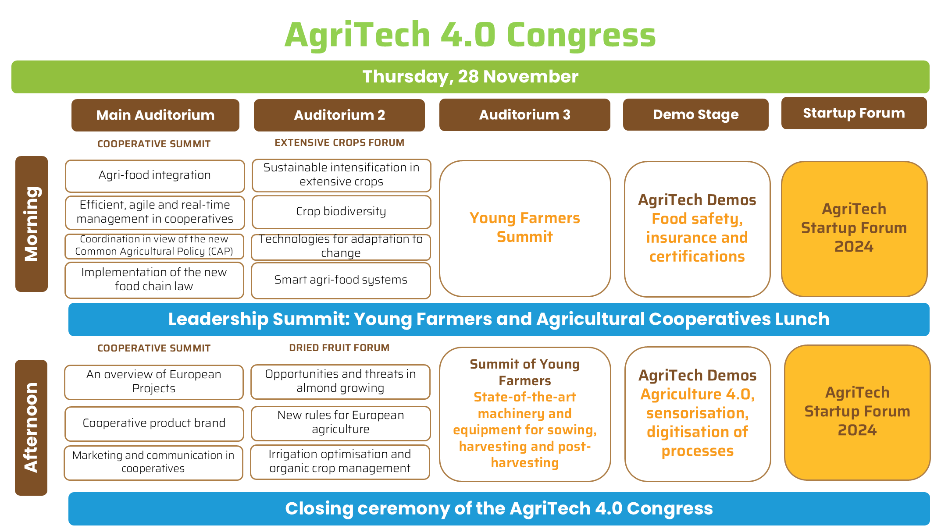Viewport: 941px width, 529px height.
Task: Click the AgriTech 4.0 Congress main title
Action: [470, 35]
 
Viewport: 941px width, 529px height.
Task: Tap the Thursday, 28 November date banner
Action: [470, 77]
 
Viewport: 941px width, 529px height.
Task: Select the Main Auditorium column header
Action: [155, 115]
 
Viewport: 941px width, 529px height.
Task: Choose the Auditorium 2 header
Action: [339, 115]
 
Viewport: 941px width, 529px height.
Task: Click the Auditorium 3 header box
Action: [525, 114]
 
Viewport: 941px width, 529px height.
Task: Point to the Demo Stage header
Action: [696, 114]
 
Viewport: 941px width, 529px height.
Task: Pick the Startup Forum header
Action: [854, 113]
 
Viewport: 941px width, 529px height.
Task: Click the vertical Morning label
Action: [32, 224]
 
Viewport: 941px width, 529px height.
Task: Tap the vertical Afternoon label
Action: [31, 428]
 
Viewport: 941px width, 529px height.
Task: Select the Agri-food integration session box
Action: [155, 176]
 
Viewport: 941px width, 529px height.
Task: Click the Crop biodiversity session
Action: [341, 212]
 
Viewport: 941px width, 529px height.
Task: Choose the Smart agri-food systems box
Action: [341, 280]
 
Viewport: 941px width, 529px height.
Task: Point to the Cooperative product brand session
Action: [154, 423]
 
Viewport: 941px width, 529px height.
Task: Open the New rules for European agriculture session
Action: [341, 423]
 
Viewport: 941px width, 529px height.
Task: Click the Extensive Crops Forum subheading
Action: [339, 142]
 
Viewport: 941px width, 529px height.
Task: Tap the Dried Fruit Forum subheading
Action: [339, 348]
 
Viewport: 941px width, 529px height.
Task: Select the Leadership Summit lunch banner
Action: [499, 320]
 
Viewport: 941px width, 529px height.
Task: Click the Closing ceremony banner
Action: [499, 509]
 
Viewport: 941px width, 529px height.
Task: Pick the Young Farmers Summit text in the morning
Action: [525, 227]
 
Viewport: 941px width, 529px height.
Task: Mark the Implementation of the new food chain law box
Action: [154, 280]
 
